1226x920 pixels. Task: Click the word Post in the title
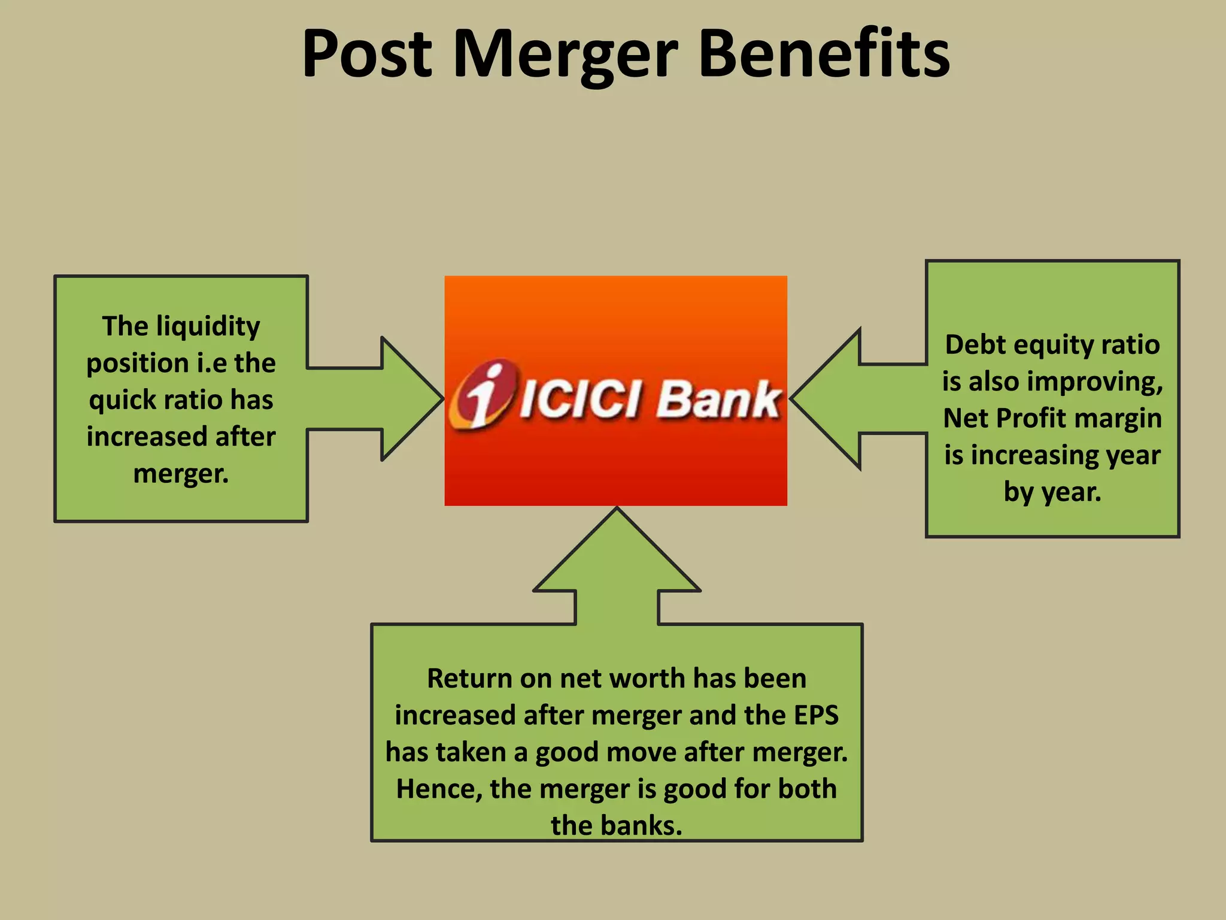click(x=366, y=55)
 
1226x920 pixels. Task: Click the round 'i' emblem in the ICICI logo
click(x=483, y=394)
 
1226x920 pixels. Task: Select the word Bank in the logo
click(x=718, y=400)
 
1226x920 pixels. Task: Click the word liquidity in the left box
click(x=208, y=327)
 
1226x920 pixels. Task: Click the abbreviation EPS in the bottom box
click(x=816, y=716)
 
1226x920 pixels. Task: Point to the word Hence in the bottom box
click(x=439, y=789)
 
